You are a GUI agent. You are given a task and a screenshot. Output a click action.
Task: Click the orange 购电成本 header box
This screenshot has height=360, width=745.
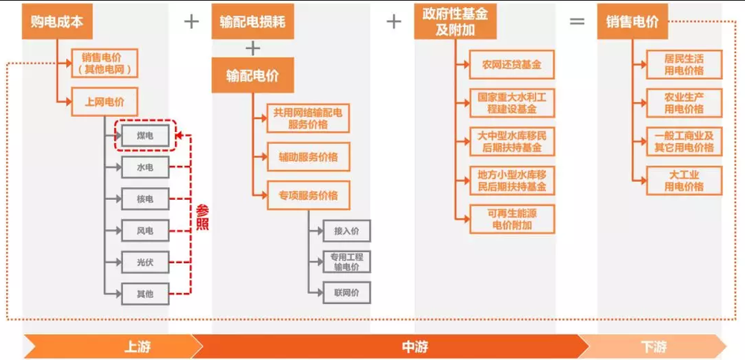pyautogui.click(x=57, y=22)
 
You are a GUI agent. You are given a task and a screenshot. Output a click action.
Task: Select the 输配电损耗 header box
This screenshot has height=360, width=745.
pyautogui.click(x=251, y=22)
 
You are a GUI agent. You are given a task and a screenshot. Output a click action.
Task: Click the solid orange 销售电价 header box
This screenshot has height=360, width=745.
pyautogui.click(x=632, y=22)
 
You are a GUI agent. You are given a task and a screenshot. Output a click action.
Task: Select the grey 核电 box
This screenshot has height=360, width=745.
pyautogui.click(x=145, y=199)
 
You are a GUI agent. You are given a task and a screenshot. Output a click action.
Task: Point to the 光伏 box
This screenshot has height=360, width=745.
pyautogui.click(x=145, y=262)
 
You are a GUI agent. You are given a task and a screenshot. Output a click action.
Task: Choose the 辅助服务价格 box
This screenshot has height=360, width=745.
pyautogui.click(x=308, y=157)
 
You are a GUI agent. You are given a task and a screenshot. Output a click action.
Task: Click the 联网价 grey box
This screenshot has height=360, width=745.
pyautogui.click(x=346, y=293)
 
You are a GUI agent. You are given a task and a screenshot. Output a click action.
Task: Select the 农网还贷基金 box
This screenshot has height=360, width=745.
pyautogui.click(x=512, y=65)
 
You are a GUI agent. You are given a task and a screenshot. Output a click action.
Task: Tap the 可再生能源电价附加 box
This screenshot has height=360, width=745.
pyautogui.click(x=512, y=218)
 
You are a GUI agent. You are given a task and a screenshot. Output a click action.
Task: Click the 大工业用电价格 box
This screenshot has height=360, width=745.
pyautogui.click(x=684, y=180)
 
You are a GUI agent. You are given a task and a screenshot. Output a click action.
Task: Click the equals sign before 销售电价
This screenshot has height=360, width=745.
pyautogui.click(x=577, y=22)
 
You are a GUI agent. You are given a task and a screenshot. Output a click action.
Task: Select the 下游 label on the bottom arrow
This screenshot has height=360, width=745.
pyautogui.click(x=653, y=347)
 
